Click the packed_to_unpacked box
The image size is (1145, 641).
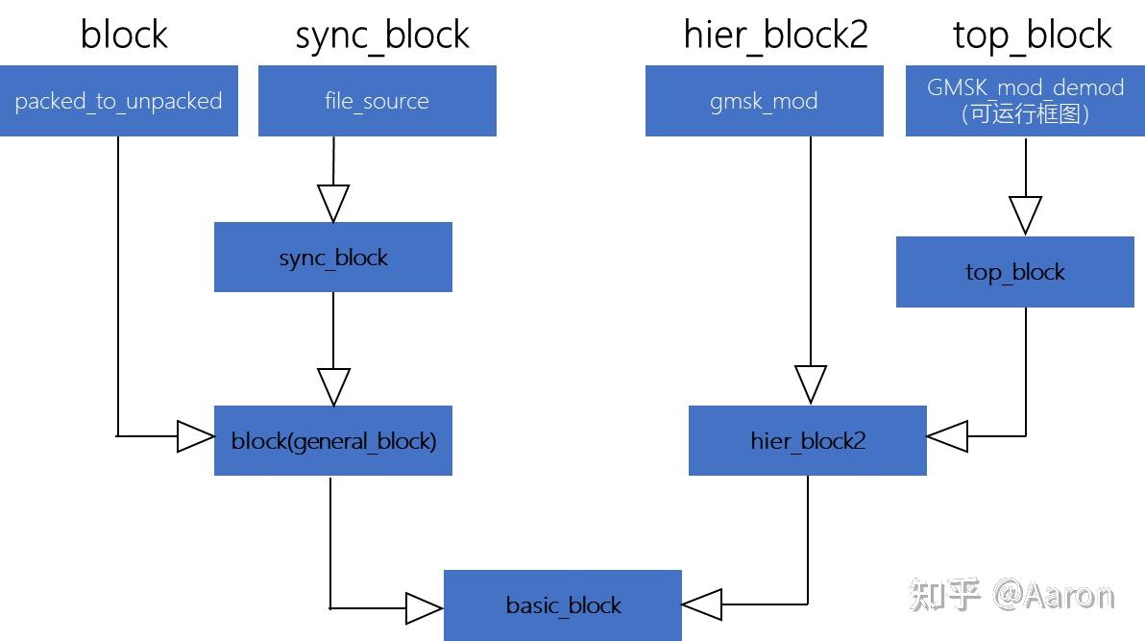[x=118, y=101]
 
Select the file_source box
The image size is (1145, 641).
[x=378, y=101]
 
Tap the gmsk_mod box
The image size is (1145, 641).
[x=765, y=101]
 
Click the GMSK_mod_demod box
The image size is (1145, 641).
[x=1025, y=101]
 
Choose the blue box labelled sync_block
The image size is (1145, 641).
[x=333, y=258]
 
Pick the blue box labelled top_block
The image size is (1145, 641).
[x=1015, y=272]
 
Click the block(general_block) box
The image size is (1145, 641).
[x=333, y=441]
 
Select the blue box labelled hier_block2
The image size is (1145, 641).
[x=808, y=441]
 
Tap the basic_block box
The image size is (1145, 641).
[x=563, y=605]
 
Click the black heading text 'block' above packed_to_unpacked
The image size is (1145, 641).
[x=124, y=35]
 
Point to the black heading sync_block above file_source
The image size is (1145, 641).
[x=382, y=36]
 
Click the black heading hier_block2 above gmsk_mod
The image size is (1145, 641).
[x=775, y=36]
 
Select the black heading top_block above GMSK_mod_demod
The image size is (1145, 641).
[x=1032, y=36]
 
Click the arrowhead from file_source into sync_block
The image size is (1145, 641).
[x=333, y=204]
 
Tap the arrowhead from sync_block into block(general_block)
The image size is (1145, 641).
[x=333, y=387]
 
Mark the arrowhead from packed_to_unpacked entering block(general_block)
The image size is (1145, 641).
[x=196, y=436]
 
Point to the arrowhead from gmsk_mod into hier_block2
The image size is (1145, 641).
[x=811, y=384]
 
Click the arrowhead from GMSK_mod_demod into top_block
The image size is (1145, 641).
[x=1025, y=215]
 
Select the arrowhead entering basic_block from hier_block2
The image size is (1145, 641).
[x=702, y=604]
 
